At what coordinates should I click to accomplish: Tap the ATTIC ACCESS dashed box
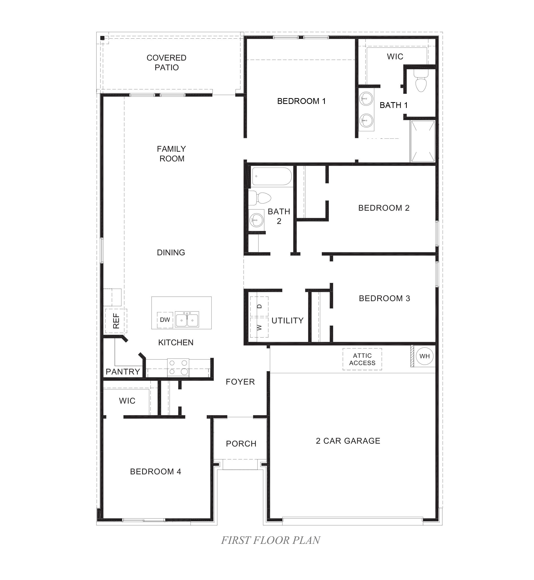point(362,359)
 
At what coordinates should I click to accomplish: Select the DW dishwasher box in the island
point(165,320)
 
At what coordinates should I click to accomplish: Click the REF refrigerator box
point(116,321)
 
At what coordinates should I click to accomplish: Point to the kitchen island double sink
point(187,319)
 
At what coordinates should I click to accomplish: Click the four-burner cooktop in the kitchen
point(178,367)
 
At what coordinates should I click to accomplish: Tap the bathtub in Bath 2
point(272,176)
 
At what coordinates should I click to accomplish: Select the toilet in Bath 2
point(260,198)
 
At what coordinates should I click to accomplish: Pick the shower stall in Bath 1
point(423,141)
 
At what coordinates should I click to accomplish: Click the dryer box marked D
point(259,306)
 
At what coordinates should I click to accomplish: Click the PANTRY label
point(123,371)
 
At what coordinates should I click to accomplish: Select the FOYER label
point(240,382)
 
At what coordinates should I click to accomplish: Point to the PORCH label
point(241,443)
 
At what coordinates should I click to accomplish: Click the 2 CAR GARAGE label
point(348,440)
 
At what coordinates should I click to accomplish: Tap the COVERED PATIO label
point(166,62)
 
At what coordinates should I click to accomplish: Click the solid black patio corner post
point(102,38)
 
